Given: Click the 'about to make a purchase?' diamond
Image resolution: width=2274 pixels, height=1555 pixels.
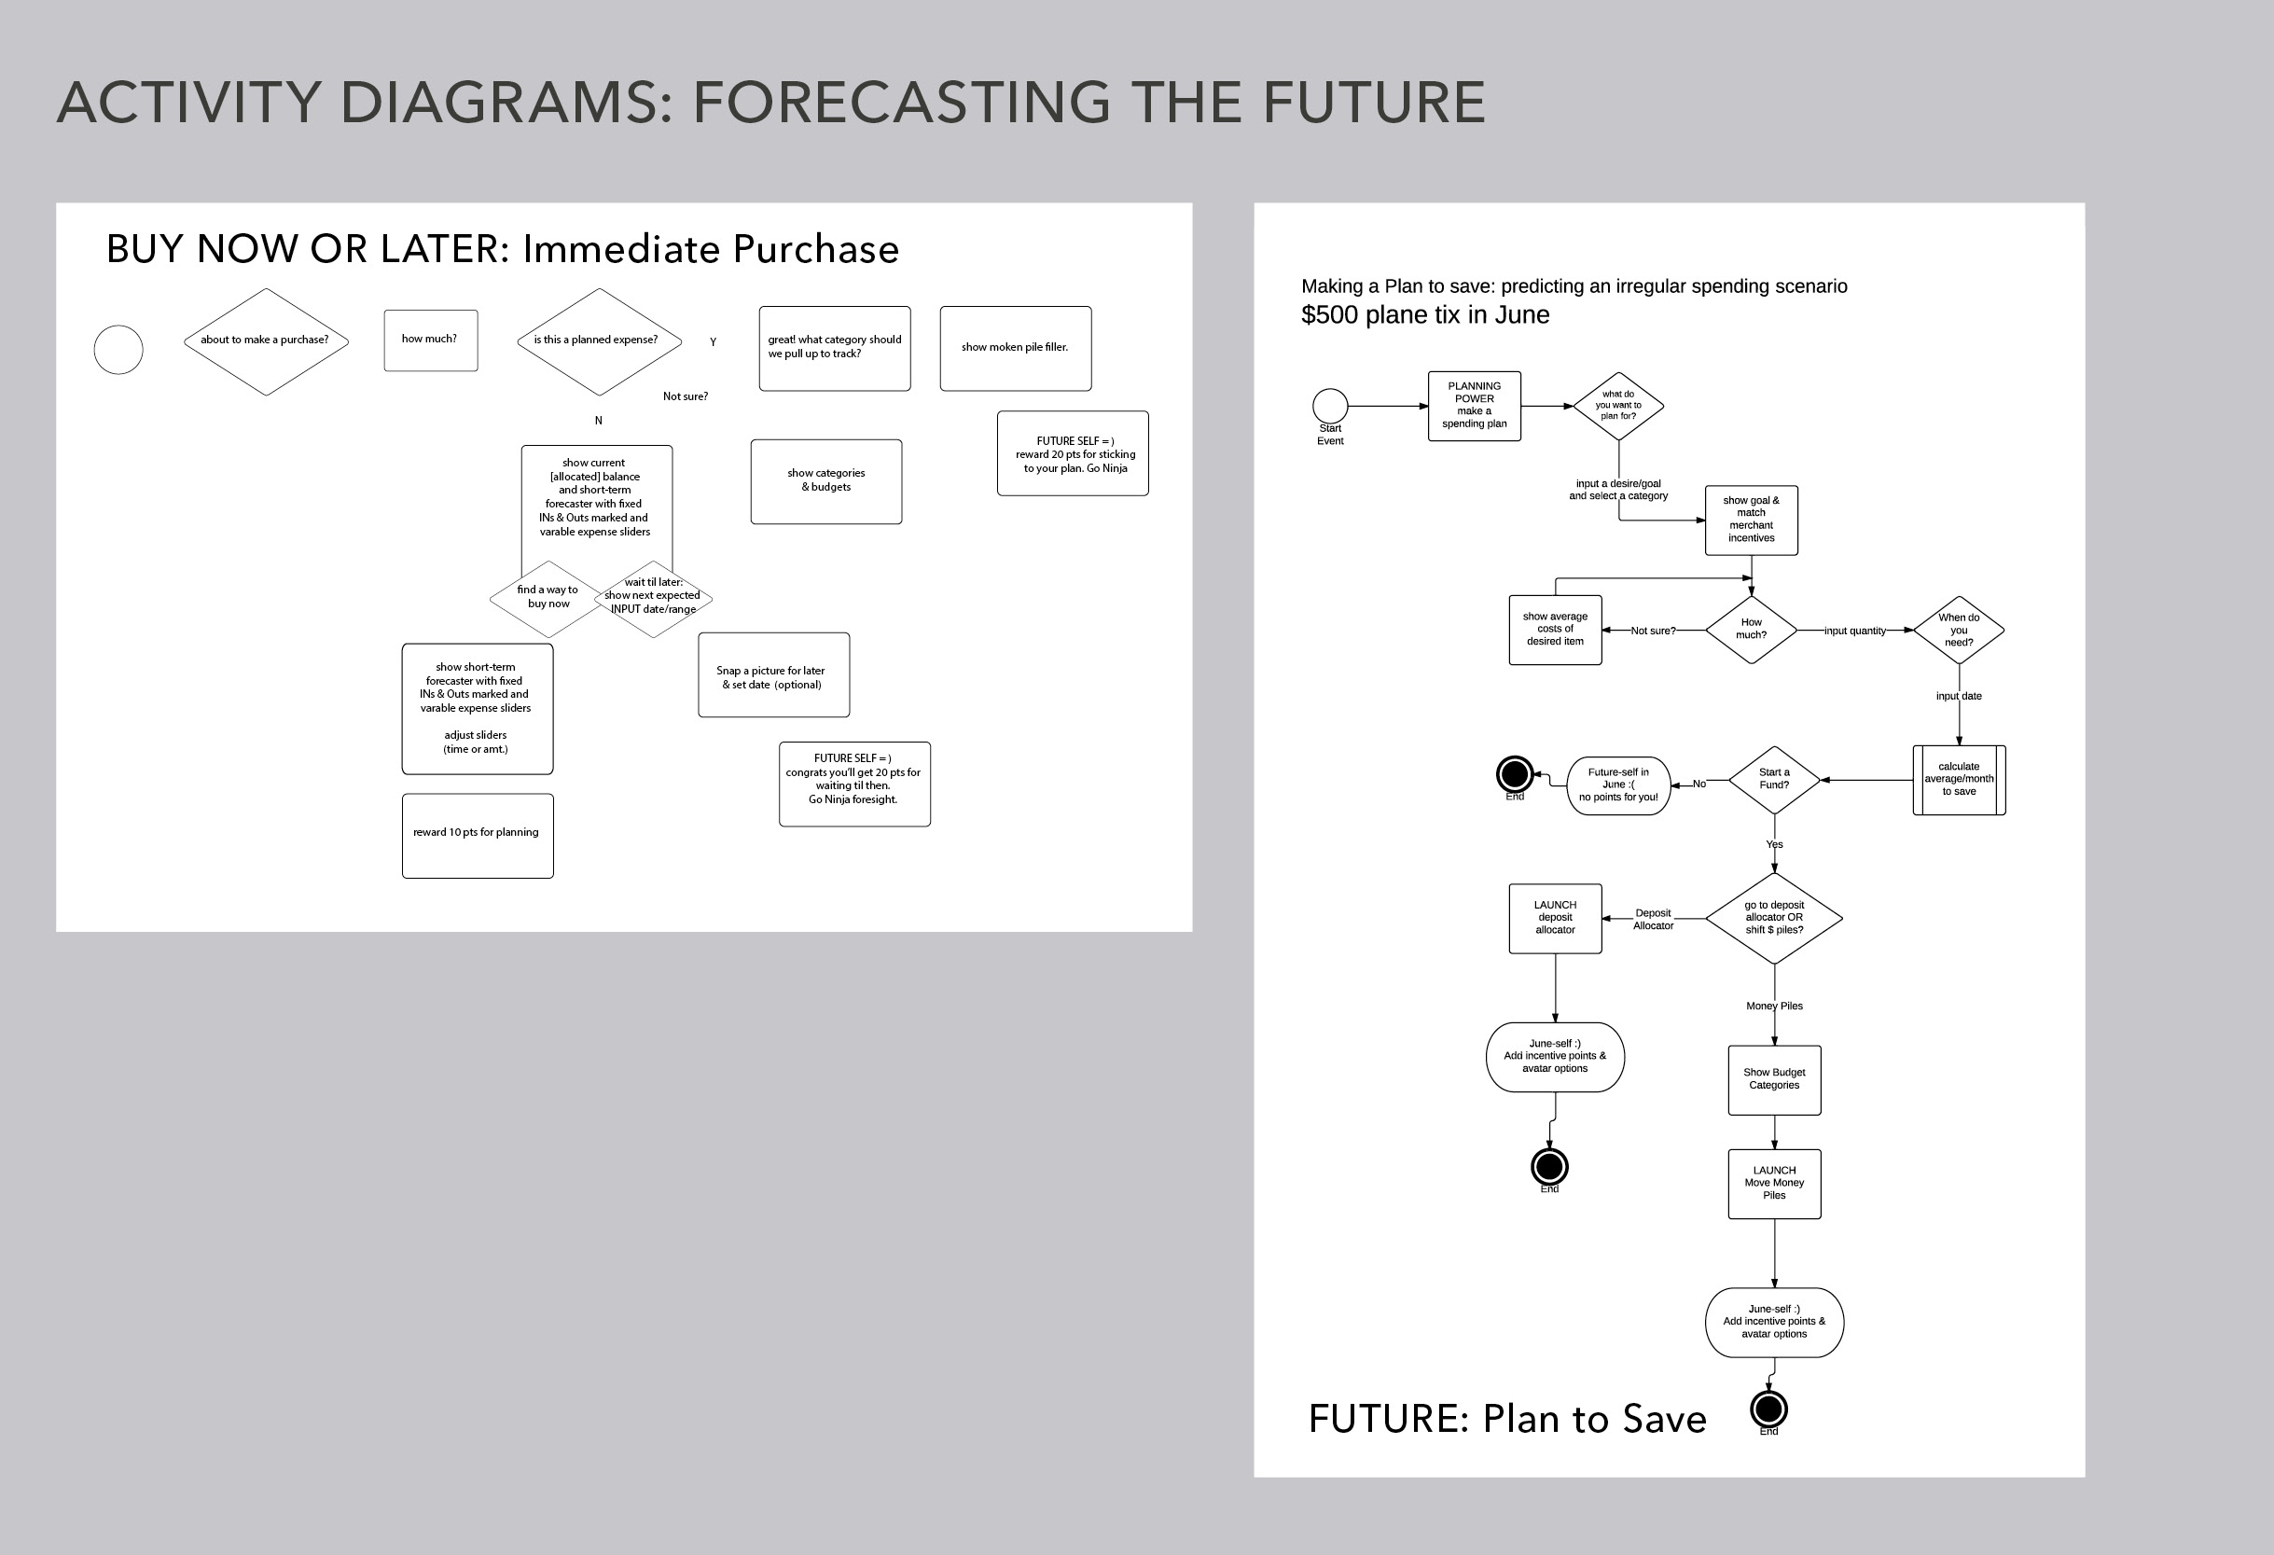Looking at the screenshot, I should pos(265,340).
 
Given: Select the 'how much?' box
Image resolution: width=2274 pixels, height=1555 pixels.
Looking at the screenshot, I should pos(431,340).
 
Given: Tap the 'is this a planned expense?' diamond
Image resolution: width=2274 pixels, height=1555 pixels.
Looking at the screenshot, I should pos(598,340).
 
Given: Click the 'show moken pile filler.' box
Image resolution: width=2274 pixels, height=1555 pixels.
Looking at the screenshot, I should pos(1015,347).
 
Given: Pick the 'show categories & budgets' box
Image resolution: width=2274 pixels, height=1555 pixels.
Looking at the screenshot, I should pos(825,480).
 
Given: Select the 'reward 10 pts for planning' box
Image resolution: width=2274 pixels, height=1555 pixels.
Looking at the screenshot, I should pos(477,835).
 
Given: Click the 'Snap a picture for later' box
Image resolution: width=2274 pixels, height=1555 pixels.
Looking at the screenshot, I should pos(773,675).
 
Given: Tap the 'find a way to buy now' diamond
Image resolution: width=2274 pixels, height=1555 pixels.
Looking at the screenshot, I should pos(547,597).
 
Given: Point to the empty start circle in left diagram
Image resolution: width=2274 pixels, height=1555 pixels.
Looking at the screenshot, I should pos(118,350).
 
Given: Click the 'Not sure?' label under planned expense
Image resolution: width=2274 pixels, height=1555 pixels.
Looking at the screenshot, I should pos(685,396).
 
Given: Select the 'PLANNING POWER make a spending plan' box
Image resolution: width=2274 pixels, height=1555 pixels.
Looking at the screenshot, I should pos(1474,405).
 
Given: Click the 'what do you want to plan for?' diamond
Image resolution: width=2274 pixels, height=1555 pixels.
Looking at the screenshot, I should pos(1617,405).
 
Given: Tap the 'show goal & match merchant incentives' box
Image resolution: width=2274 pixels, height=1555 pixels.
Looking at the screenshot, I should pos(1751,520).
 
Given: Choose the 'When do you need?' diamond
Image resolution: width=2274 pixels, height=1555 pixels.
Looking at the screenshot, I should pos(1958,630).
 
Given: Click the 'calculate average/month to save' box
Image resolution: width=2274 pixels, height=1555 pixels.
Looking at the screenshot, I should pos(1958,779).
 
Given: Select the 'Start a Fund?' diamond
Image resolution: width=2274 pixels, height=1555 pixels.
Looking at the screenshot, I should pos(1773,779).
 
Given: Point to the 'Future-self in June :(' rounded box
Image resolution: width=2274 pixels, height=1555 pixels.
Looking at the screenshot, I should pos(1617,784).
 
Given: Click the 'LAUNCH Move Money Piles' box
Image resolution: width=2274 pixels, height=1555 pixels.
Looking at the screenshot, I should pos(1773,1183).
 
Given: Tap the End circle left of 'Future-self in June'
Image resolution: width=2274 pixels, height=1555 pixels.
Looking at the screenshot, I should pos(1514,774).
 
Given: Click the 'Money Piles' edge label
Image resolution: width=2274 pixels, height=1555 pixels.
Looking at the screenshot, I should pos(1773,1006).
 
